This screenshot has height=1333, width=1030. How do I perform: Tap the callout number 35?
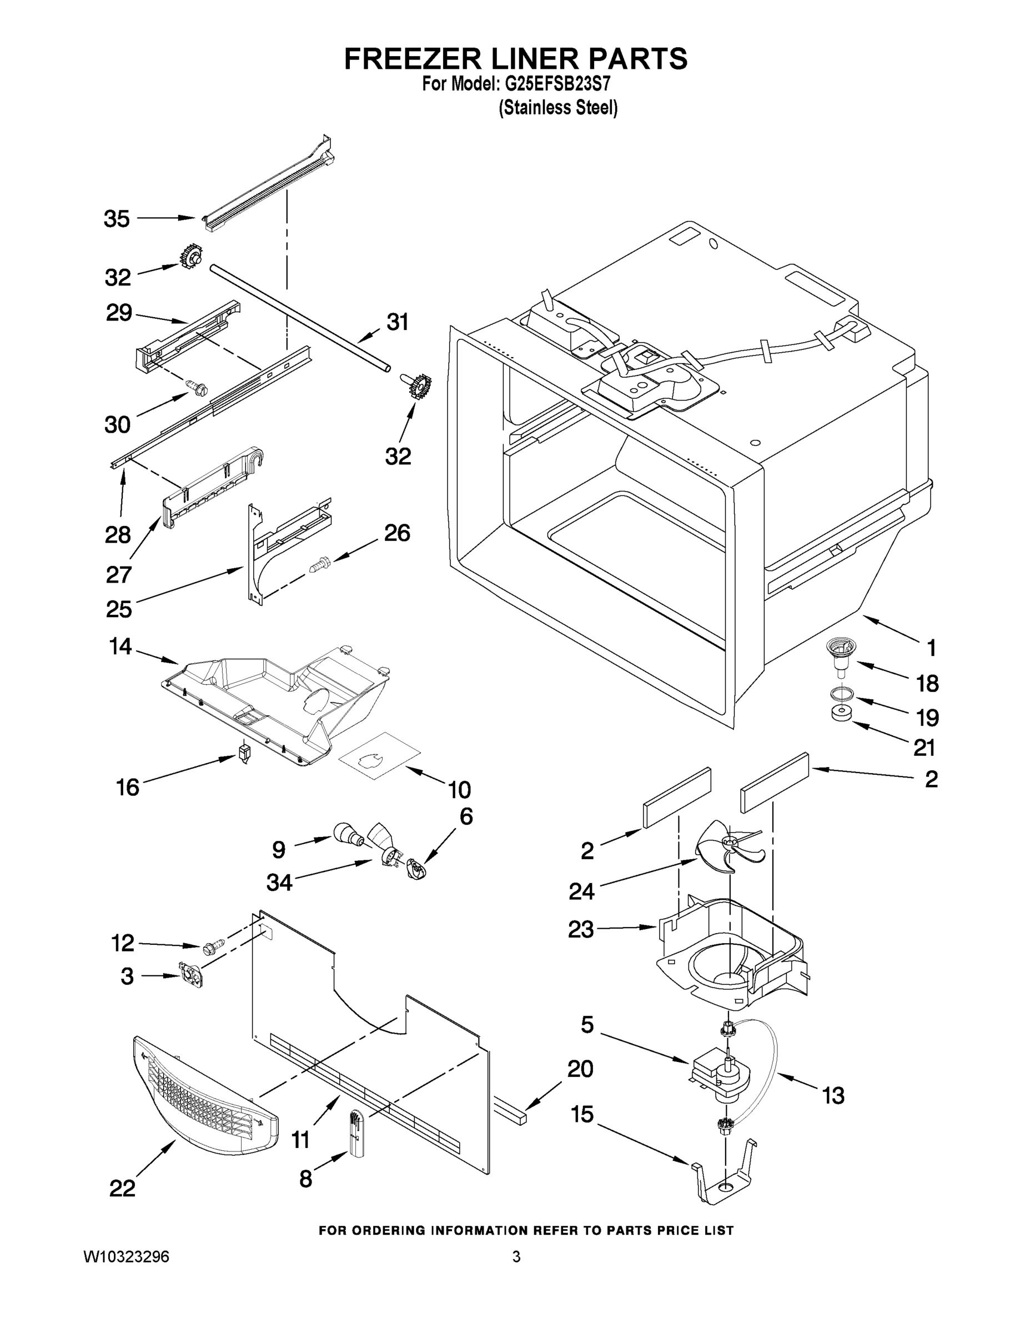point(117,218)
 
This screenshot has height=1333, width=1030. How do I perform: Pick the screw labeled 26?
point(318,564)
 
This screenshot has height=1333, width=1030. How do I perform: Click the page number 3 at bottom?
point(516,1257)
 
